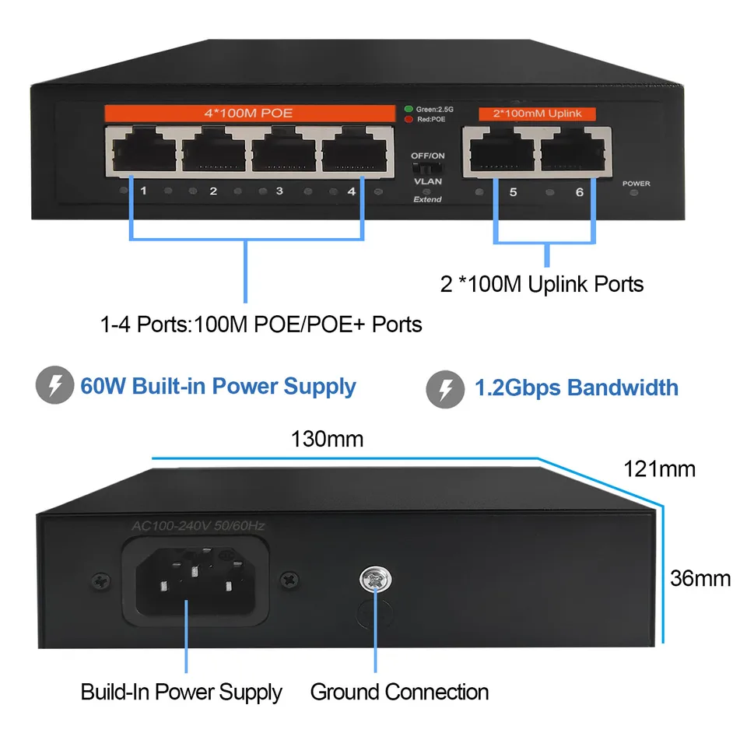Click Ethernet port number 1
pyautogui.click(x=142, y=149)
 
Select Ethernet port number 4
pyautogui.click(x=356, y=149)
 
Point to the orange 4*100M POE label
pyautogui.click(x=248, y=113)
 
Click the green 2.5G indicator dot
pyautogui.click(x=409, y=109)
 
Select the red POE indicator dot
pyautogui.click(x=409, y=119)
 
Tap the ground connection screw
pyautogui.click(x=374, y=580)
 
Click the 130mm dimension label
pyautogui.click(x=327, y=439)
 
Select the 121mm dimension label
pyautogui.click(x=660, y=468)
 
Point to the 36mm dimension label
pyautogui.click(x=700, y=578)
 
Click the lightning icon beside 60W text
pyautogui.click(x=53, y=387)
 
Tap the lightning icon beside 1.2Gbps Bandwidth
pyautogui.click(x=445, y=388)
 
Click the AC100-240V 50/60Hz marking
pyautogui.click(x=198, y=527)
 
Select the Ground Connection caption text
pyautogui.click(x=399, y=692)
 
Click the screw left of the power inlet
pyautogui.click(x=99, y=580)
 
